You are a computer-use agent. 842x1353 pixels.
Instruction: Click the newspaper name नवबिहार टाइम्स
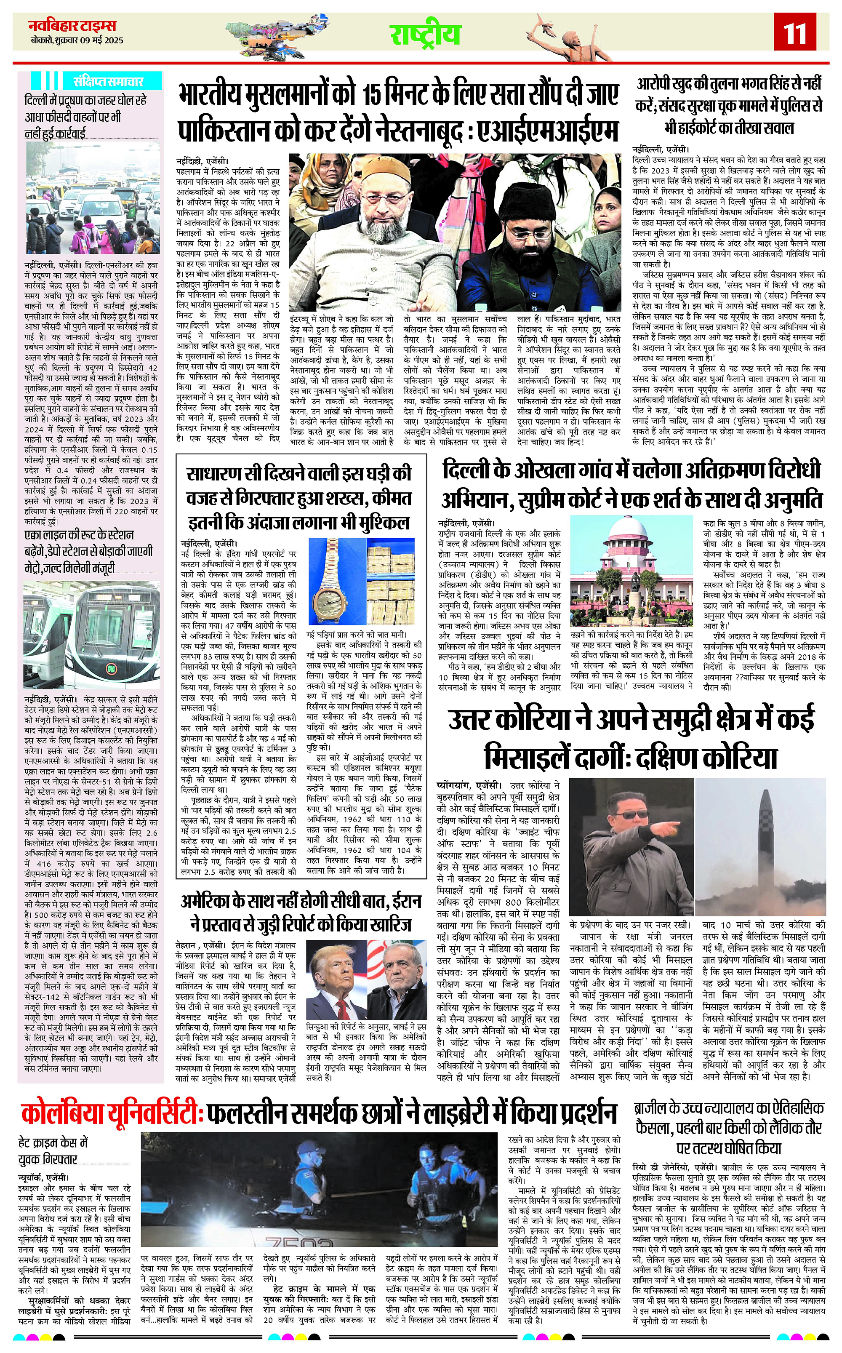pos(72,26)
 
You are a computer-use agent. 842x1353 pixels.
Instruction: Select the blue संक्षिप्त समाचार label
pos(109,81)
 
